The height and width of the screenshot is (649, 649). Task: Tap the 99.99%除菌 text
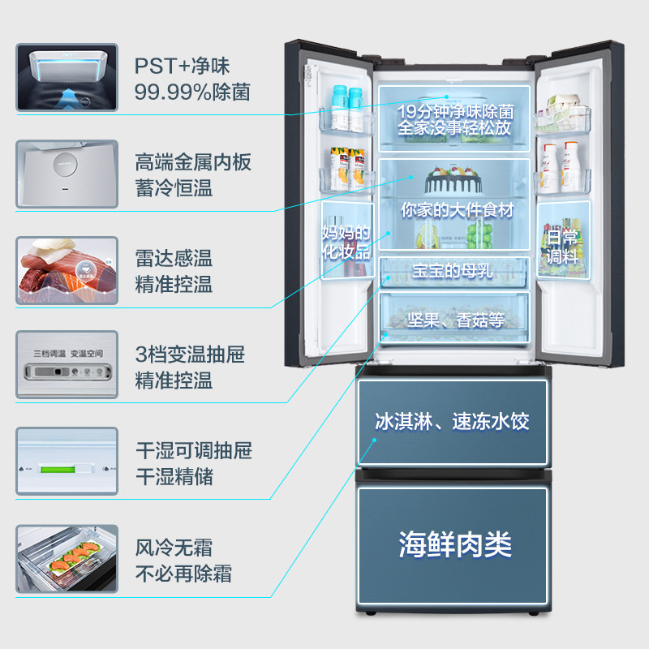(192, 92)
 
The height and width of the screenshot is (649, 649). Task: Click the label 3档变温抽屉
(190, 355)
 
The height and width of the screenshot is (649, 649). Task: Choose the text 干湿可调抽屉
(193, 450)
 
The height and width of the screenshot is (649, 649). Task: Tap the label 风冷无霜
(174, 548)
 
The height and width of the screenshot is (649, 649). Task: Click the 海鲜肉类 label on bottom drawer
(454, 544)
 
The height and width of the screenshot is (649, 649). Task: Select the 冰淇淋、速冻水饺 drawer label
(453, 422)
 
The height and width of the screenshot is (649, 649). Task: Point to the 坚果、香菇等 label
(457, 320)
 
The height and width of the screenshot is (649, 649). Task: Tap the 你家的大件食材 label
(457, 209)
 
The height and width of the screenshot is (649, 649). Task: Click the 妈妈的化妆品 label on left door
(346, 242)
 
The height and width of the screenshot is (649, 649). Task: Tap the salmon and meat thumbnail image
(67, 270)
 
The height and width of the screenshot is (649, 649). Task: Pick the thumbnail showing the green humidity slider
(67, 461)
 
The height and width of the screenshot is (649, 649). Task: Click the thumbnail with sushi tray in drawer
(67, 558)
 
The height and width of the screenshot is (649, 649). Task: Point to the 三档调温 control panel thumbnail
(67, 364)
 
